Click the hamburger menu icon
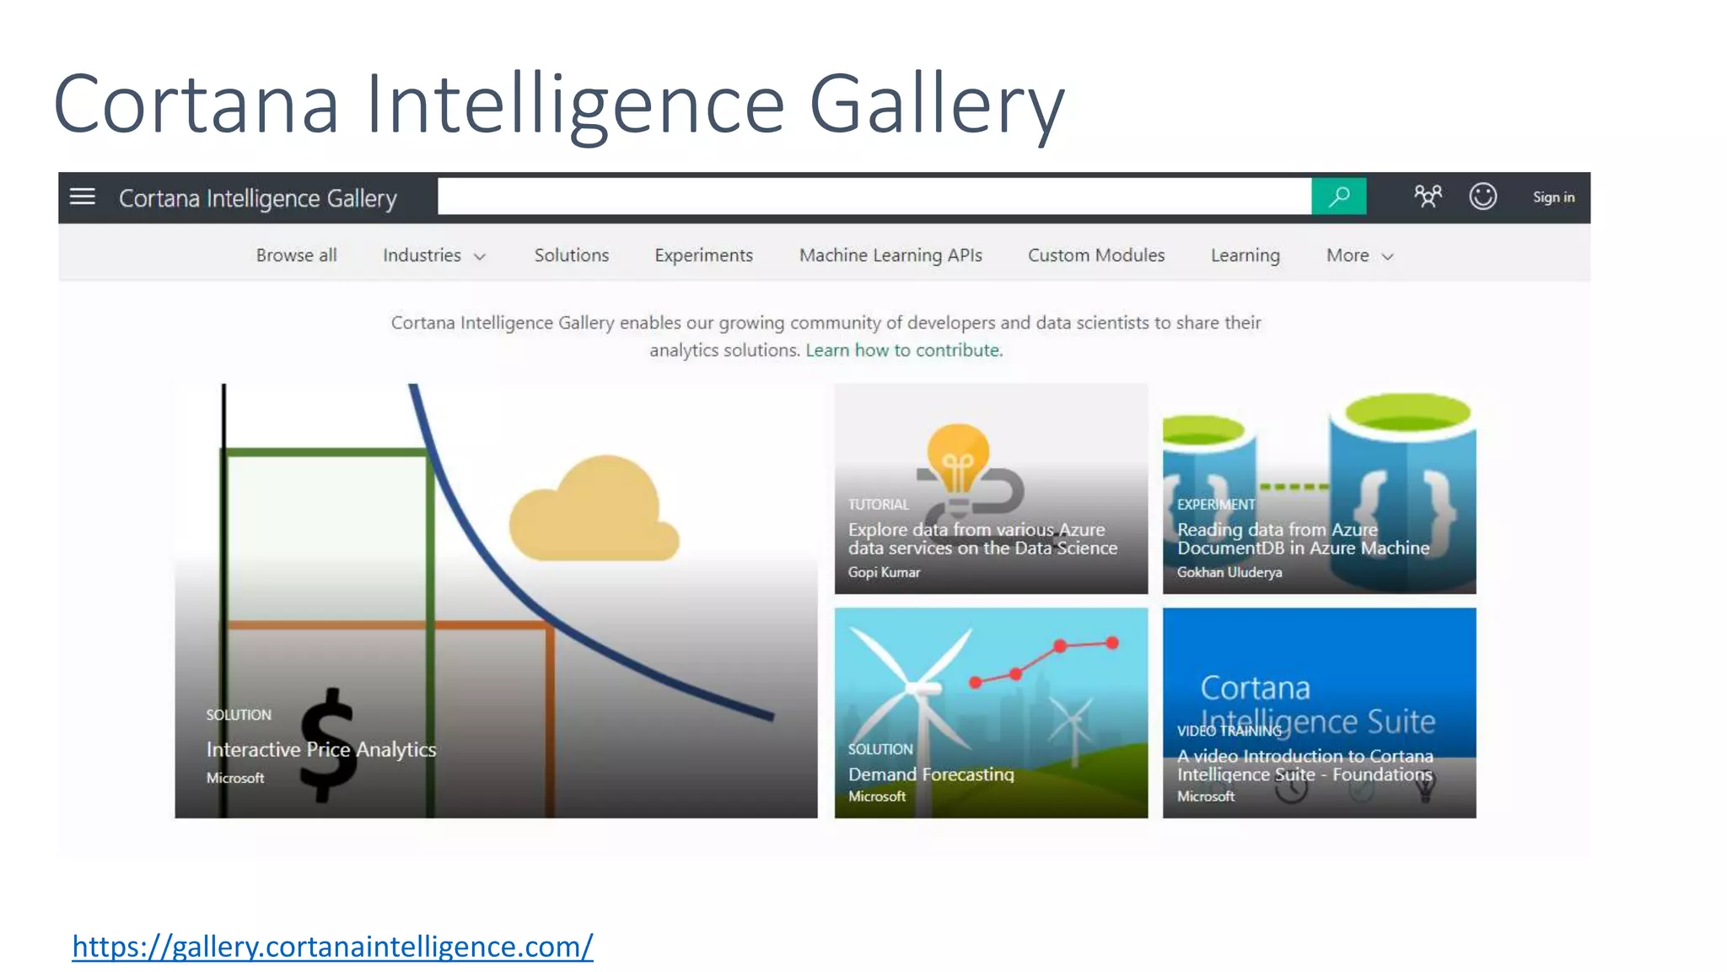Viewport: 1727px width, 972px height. tap(82, 197)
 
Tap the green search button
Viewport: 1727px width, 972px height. tap(1338, 197)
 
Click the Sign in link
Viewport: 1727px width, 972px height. tap(1553, 197)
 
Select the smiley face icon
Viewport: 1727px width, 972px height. tap(1482, 197)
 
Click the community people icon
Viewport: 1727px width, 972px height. tap(1428, 197)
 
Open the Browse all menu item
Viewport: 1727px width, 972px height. tap(296, 255)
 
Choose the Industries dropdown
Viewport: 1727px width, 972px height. tap(433, 255)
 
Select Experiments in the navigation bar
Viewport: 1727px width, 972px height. tap(703, 255)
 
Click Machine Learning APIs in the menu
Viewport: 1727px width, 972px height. tap(890, 255)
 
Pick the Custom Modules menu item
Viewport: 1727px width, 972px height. tap(1095, 255)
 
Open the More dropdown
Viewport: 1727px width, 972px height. tap(1358, 255)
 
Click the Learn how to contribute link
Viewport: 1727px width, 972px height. tap(903, 350)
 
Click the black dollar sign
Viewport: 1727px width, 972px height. tap(327, 744)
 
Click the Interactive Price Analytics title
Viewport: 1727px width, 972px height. tap(321, 749)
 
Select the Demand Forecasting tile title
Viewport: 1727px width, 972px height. tap(931, 774)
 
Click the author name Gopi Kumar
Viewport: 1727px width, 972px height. tap(884, 572)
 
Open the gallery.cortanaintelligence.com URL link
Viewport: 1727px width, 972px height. tap(332, 947)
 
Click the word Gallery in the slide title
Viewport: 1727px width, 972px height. tap(936, 105)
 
